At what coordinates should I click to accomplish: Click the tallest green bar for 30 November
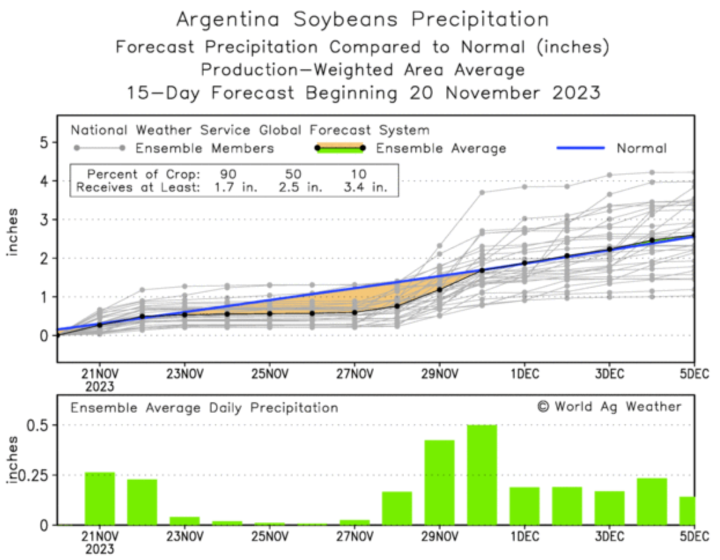point(482,474)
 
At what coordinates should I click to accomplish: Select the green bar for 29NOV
point(440,483)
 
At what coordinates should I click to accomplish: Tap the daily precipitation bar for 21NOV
point(99,498)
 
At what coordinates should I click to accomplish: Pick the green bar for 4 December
point(652,501)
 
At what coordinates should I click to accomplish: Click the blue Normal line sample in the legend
point(580,148)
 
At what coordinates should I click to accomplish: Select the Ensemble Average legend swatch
point(339,148)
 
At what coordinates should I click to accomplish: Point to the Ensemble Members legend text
point(204,149)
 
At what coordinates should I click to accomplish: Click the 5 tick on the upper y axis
point(45,142)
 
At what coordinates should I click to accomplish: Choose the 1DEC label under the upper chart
point(524,374)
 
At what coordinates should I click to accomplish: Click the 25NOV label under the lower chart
point(269,537)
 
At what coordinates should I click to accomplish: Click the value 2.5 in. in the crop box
point(300,187)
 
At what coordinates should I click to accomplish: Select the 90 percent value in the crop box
point(228,174)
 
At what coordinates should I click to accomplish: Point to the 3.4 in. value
point(365,187)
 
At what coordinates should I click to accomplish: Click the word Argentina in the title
point(228,19)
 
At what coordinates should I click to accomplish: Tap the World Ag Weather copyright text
point(610,407)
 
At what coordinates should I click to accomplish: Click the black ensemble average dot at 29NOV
point(440,290)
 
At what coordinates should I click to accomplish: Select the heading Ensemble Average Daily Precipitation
point(204,408)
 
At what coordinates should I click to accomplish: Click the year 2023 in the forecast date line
point(576,92)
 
